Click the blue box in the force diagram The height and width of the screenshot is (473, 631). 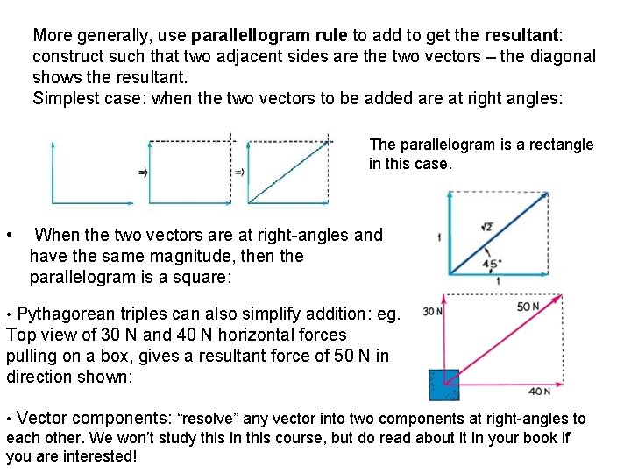[443, 384]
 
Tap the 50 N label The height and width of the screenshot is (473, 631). [528, 307]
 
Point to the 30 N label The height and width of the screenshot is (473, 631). [431, 311]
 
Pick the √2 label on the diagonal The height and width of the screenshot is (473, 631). [486, 228]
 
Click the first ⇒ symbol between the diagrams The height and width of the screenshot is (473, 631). [143, 173]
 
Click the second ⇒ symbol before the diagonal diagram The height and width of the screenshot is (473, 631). [238, 173]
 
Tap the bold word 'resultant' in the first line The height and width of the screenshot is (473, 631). [521, 36]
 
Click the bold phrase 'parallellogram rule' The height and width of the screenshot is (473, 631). [270, 36]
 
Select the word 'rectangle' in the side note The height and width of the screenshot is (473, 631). [562, 145]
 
